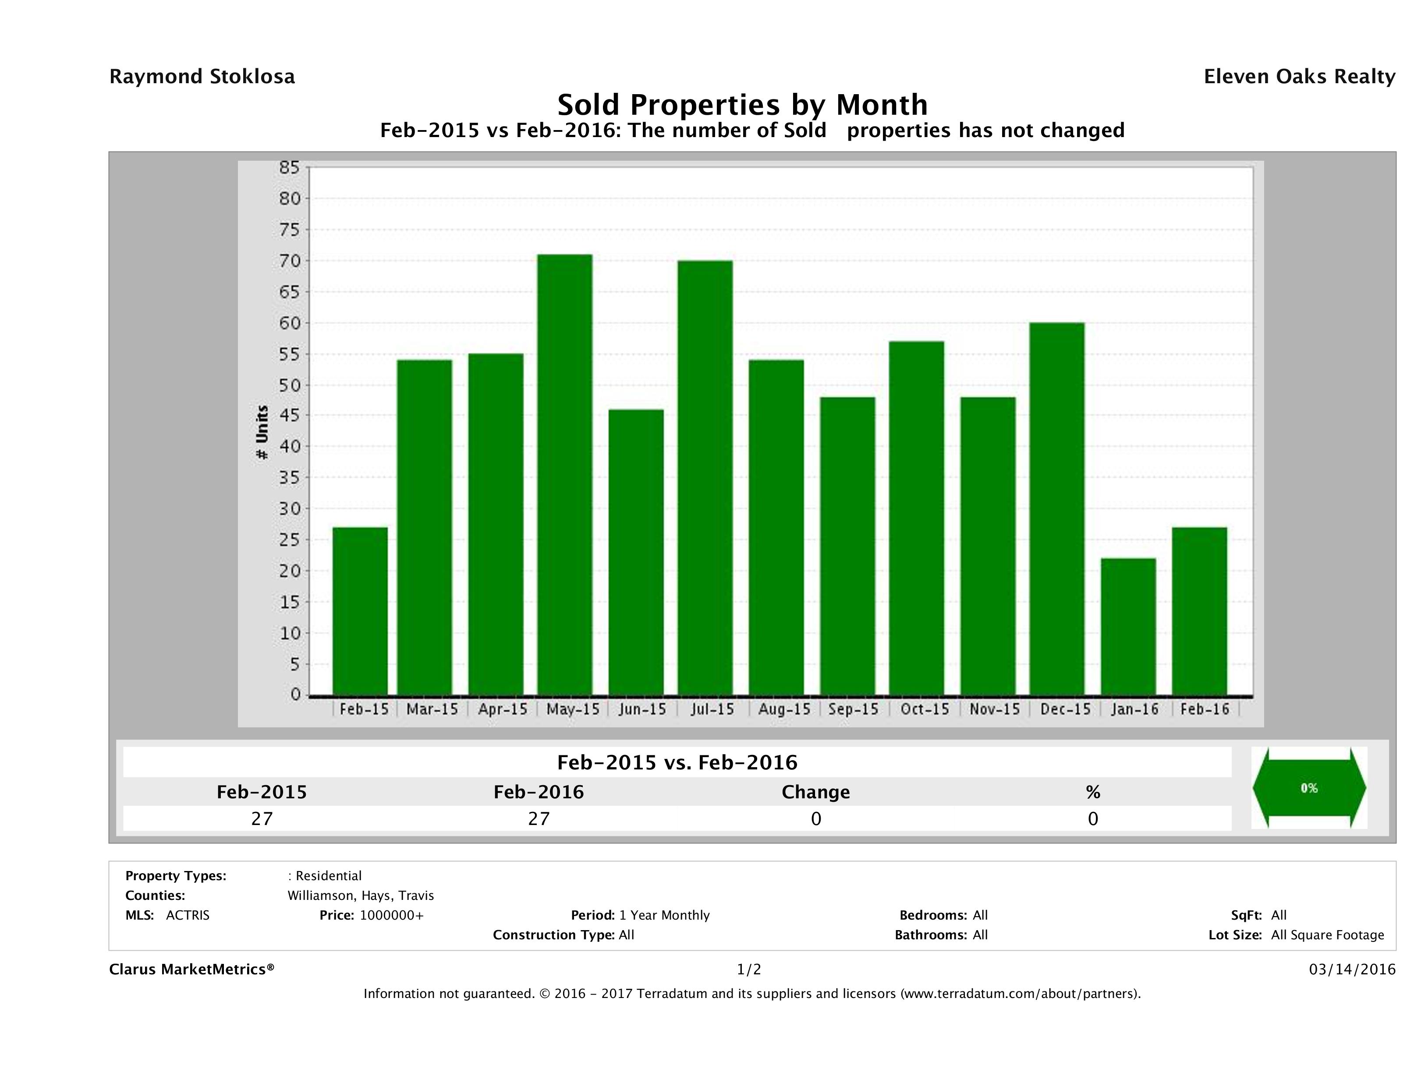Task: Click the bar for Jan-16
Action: pyautogui.click(x=1128, y=627)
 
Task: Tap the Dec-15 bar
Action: pyautogui.click(x=1057, y=508)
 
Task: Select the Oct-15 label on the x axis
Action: pyautogui.click(x=925, y=709)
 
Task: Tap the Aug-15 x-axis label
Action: pyautogui.click(x=784, y=709)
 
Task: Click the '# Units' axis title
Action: pyautogui.click(x=262, y=432)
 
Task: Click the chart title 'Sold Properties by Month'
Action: pyautogui.click(x=742, y=105)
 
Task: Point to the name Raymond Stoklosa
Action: pyautogui.click(x=202, y=77)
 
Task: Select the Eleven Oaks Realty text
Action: pyautogui.click(x=1299, y=77)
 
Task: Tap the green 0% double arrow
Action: pyautogui.click(x=1308, y=788)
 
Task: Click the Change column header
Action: pyautogui.click(x=816, y=792)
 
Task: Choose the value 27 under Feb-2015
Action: pyautogui.click(x=262, y=818)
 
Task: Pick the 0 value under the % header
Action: pyautogui.click(x=1092, y=818)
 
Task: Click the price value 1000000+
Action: pyautogui.click(x=391, y=915)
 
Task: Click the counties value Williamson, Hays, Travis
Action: pyautogui.click(x=361, y=896)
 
